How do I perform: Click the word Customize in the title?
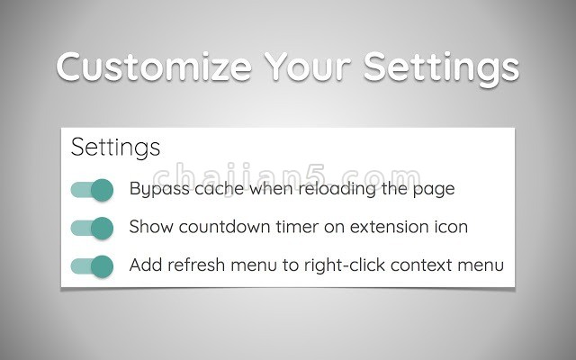pos(154,67)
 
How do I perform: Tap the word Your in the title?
pos(307,67)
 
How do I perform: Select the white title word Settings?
pos(441,68)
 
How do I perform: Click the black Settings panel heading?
pos(115,148)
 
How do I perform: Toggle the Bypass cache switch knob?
pos(102,190)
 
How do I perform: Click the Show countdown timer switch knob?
pos(102,228)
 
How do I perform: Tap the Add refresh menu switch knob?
pos(102,266)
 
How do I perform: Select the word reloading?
pos(337,189)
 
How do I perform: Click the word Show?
pos(151,227)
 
